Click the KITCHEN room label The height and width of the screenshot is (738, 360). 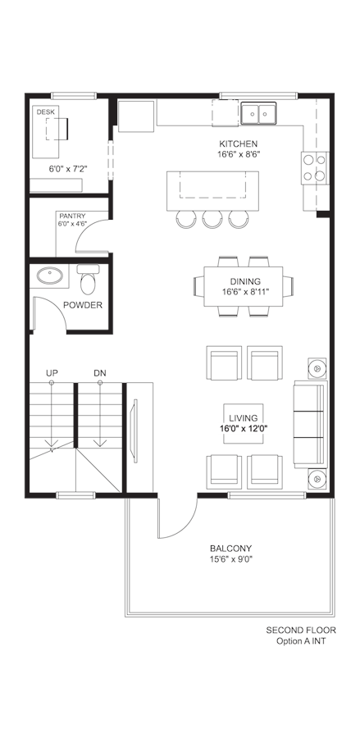(x=238, y=144)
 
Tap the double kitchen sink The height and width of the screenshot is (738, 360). (x=258, y=113)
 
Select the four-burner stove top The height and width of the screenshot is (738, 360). (x=315, y=167)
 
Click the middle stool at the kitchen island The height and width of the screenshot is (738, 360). (x=212, y=219)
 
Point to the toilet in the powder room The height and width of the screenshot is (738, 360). (x=88, y=278)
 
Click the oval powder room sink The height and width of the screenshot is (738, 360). (x=50, y=276)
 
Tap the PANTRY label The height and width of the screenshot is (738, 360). (x=72, y=216)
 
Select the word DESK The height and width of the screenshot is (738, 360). (x=46, y=112)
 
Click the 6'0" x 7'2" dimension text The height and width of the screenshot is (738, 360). (x=69, y=169)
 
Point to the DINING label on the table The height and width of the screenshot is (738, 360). (x=242, y=282)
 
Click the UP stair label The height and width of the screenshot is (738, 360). (x=52, y=373)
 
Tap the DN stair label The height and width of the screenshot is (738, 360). (x=100, y=373)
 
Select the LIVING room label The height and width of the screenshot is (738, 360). (x=244, y=418)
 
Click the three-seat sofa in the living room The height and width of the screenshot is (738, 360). (x=310, y=425)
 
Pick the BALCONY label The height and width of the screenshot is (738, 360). (x=230, y=549)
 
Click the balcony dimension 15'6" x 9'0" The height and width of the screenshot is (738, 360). (x=230, y=559)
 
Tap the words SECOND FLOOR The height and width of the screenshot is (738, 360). (x=301, y=631)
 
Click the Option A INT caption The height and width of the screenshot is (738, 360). (x=301, y=641)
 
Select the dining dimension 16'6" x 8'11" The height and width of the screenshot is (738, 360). (x=245, y=292)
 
